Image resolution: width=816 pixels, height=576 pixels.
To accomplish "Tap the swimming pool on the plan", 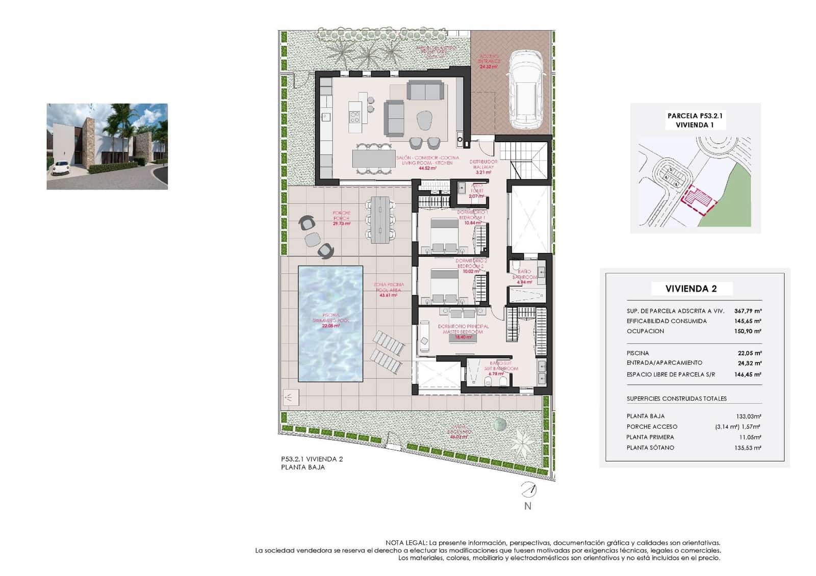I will [x=330, y=324].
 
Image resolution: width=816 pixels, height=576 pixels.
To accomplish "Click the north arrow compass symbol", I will [x=528, y=490].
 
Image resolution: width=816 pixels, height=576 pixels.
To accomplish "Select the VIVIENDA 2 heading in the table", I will [x=691, y=289].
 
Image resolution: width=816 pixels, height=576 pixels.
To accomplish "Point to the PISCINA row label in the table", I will [x=637, y=353].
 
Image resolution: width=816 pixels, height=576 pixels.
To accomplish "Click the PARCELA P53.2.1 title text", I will [x=695, y=116].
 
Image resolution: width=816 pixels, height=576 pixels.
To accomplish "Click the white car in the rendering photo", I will [x=60, y=168].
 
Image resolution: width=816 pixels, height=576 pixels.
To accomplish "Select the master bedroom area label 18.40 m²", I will [x=463, y=337].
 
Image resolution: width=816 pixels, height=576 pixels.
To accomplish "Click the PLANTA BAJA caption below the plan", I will [x=302, y=467].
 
